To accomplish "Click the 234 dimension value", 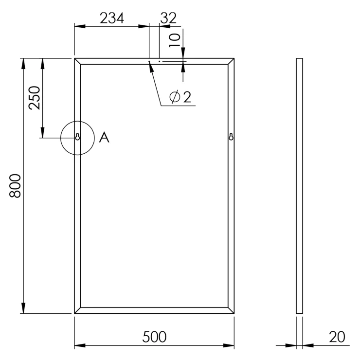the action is click(112, 18).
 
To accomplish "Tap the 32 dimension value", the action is click(168, 18).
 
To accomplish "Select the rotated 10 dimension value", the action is click(175, 40).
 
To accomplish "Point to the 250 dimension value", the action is click(34, 98).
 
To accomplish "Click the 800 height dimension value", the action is click(15, 186).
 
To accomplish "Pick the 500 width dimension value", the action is click(154, 337).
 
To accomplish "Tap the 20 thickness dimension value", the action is click(337, 337).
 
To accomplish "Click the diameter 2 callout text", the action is click(180, 97).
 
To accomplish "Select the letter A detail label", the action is click(104, 138).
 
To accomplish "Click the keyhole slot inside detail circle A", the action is click(78, 137).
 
